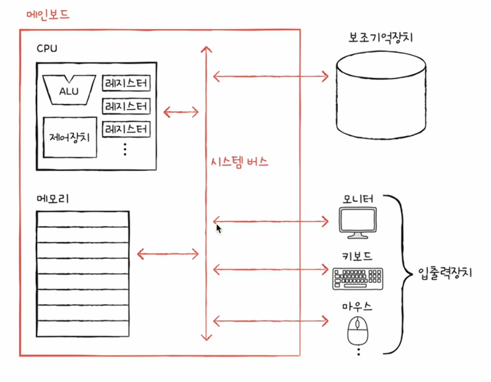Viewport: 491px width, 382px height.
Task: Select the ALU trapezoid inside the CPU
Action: tap(69, 90)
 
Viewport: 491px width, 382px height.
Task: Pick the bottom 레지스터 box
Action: tap(126, 129)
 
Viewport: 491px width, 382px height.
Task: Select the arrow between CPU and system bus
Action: tap(181, 112)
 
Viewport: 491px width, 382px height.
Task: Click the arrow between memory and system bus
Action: tap(167, 253)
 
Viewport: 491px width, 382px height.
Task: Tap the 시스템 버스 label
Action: tap(239, 163)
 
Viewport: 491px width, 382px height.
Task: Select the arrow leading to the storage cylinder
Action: tap(270, 76)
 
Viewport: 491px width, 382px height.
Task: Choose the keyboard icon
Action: tap(358, 278)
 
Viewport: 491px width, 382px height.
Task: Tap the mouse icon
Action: tap(358, 330)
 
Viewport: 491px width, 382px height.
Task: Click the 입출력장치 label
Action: tap(445, 272)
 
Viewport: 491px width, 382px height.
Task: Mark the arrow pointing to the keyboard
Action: tap(270, 269)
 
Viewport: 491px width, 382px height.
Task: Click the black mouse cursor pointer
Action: tap(218, 228)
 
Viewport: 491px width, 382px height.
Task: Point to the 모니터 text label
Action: tap(358, 199)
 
